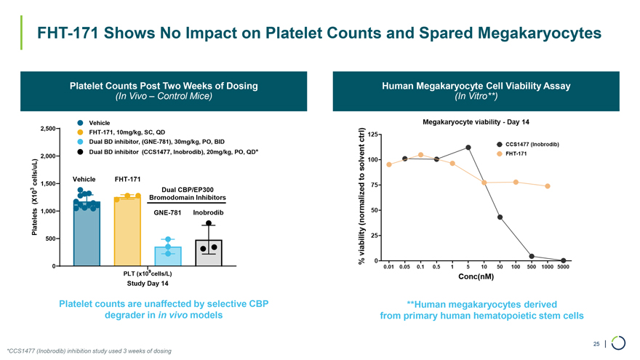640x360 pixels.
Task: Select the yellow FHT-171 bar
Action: point(127,231)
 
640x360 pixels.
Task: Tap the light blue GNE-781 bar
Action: point(168,257)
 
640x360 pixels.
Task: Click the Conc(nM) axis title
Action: point(476,277)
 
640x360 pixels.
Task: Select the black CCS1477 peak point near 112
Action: point(468,148)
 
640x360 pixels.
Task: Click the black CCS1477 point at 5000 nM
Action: point(564,260)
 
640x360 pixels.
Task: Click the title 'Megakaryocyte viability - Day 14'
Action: point(476,121)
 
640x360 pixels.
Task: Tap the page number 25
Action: point(596,343)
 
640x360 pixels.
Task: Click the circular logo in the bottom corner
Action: point(619,343)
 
